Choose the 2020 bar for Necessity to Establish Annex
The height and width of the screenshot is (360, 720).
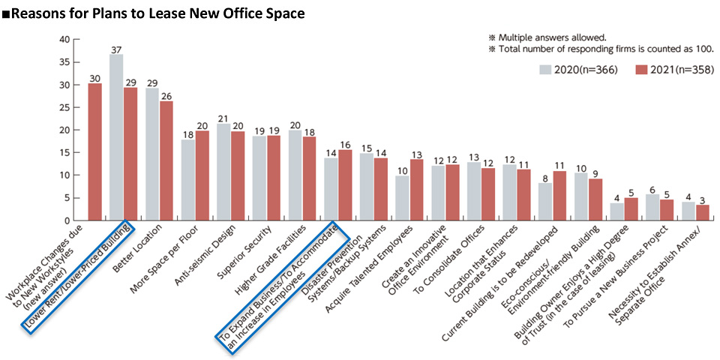[689, 211]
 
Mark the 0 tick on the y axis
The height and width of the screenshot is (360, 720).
[67, 220]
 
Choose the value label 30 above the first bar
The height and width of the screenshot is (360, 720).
[95, 77]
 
